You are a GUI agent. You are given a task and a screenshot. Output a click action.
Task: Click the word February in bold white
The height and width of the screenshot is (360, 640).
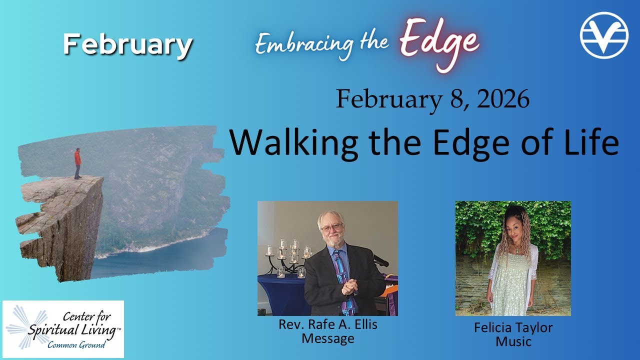[x=127, y=45]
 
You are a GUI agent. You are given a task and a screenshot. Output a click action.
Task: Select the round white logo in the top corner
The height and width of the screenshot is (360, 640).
[x=603, y=35]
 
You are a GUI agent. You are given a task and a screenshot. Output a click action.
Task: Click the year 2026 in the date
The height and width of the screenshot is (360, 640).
[x=502, y=99]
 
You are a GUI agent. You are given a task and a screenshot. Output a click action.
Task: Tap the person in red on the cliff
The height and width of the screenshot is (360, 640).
[x=77, y=162]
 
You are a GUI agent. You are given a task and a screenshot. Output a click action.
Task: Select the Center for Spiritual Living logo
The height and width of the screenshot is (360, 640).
[x=63, y=328]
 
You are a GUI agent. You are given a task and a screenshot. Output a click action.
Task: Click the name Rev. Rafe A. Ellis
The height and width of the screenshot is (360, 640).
[x=327, y=324]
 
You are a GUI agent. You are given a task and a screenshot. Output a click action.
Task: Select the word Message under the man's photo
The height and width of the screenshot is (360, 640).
[x=327, y=338]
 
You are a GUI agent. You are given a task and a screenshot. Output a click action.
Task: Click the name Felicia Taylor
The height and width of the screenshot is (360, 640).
[x=513, y=328]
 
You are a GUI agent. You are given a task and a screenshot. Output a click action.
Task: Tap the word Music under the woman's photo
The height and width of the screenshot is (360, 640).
[x=513, y=342]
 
